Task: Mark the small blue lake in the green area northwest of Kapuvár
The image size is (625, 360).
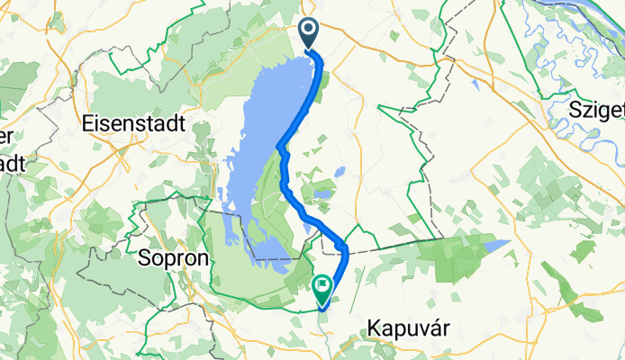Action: click(x=497, y=243)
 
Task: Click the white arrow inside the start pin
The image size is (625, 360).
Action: click(x=308, y=32)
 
